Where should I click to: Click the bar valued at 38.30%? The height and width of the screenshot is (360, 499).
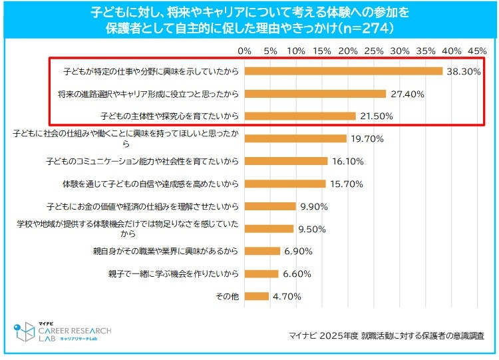pyautogui.click(x=343, y=71)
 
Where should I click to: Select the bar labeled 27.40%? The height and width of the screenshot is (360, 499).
pyautogui.click(x=315, y=94)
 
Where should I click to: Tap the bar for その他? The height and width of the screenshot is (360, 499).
pyautogui.click(x=256, y=296)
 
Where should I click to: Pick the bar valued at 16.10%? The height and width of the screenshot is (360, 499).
pyautogui.click(x=285, y=161)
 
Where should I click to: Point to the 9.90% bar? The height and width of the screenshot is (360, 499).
pyautogui.click(x=269, y=206)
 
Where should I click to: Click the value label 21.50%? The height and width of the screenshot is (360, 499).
pyautogui.click(x=377, y=116)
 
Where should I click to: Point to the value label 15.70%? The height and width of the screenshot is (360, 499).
pyautogui.click(x=346, y=184)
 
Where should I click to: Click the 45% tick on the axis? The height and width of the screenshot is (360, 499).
pyautogui.click(x=477, y=51)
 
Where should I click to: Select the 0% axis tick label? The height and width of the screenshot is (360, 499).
pyautogui.click(x=244, y=51)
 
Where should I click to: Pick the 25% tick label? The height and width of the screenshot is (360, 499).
pyautogui.click(x=373, y=51)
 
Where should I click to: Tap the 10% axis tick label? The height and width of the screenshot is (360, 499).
pyautogui.click(x=295, y=51)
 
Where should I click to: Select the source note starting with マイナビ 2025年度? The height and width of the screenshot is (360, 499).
pyautogui.click(x=386, y=335)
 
